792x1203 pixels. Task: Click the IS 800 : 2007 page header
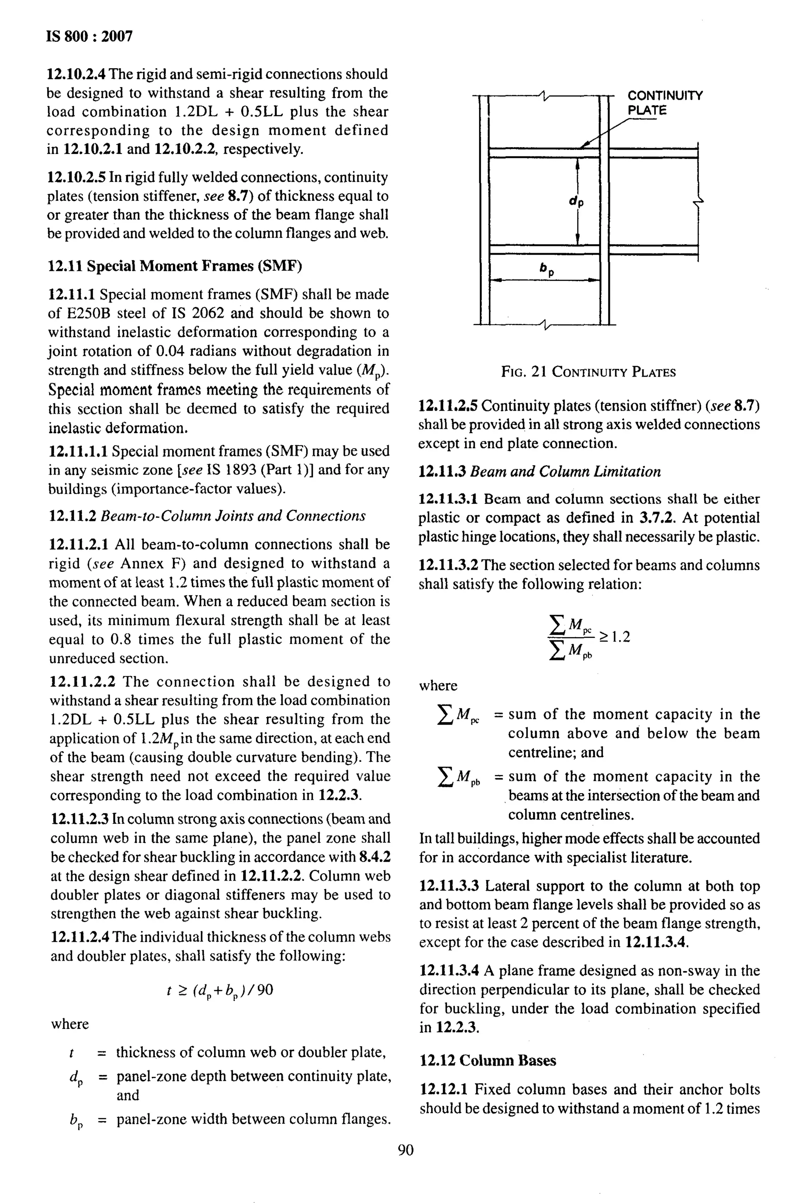89,36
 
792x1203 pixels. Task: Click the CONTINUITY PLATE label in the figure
664,103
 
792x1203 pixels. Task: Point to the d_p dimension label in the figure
576,201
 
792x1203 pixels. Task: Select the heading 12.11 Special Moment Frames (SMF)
175,266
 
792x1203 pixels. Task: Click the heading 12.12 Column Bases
487,1060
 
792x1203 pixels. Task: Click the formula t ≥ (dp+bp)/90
220,990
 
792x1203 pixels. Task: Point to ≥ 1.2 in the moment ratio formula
615,636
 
